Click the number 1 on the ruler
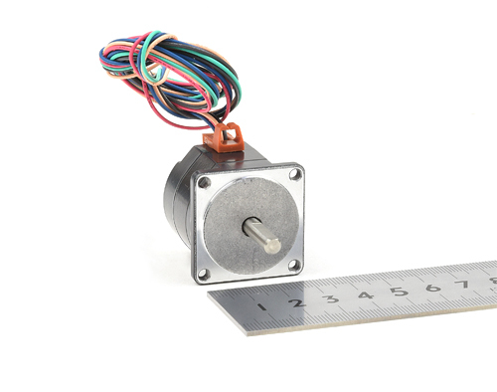click(262, 306)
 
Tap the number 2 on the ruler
click(297, 302)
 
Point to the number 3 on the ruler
click(332, 298)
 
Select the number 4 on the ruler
click(366, 294)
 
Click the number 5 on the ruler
click(400, 292)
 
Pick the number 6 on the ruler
click(433, 288)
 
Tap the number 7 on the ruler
click(463, 284)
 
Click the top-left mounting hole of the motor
click(204, 182)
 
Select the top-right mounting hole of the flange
click(295, 174)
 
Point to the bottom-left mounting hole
click(204, 274)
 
